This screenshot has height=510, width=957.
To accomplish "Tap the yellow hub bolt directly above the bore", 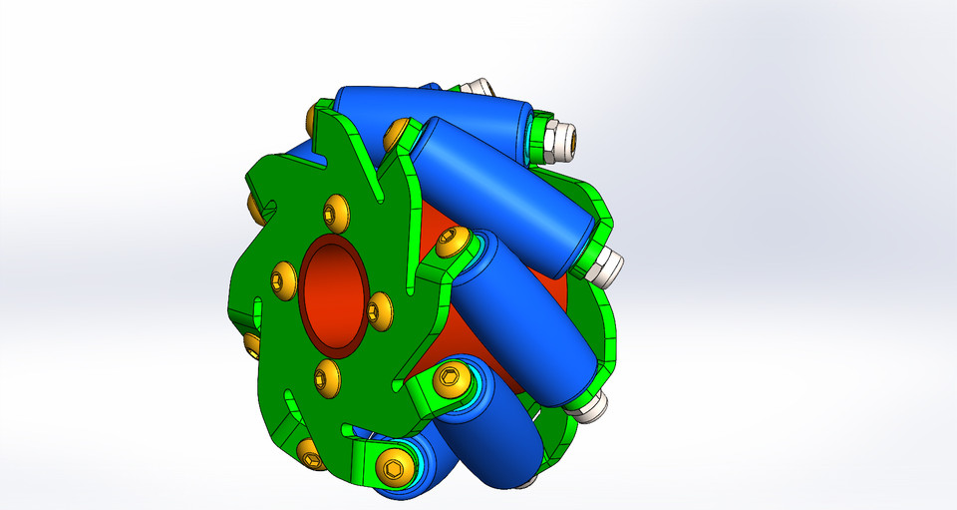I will (x=335, y=213).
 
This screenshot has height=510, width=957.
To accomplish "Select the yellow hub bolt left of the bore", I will (x=283, y=277).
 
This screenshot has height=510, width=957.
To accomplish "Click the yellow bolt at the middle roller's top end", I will (x=454, y=241).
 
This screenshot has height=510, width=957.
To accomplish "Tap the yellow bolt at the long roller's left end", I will (x=400, y=131).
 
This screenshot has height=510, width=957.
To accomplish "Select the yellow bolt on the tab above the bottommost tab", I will (x=451, y=377).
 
